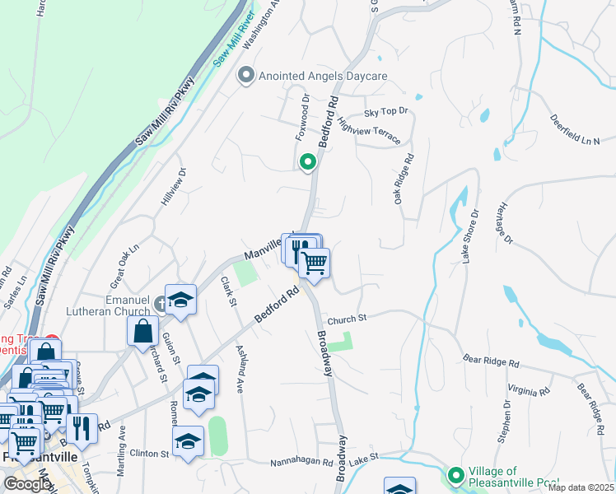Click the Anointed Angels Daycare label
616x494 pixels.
point(323,76)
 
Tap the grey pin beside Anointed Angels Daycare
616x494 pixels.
point(245,76)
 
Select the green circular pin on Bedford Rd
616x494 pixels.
point(308,163)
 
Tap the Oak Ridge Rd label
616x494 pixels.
point(402,178)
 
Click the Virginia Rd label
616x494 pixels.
point(527,389)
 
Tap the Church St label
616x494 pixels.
point(346,319)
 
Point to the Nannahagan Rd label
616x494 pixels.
point(301,463)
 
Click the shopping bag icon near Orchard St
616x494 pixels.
point(143,332)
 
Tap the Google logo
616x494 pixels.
point(26,484)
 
